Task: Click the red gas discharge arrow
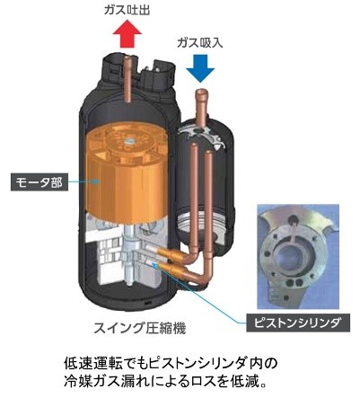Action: (127, 33)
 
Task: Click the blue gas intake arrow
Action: (200, 68)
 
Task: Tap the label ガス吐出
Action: (127, 10)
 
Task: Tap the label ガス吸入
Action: (200, 42)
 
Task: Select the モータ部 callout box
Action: (40, 181)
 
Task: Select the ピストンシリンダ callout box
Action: (298, 323)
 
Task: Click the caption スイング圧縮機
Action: (140, 328)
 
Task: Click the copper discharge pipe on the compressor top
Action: (128, 78)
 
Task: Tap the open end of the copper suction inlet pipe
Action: (201, 92)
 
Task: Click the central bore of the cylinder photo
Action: (289, 259)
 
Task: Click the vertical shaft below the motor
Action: (129, 254)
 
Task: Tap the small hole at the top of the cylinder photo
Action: (293, 219)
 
